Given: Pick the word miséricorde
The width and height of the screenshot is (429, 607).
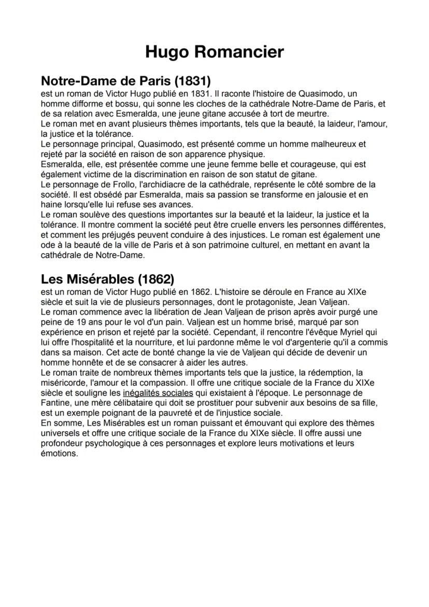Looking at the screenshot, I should [63, 383].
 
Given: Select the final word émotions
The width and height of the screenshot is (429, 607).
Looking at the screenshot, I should [59, 453].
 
